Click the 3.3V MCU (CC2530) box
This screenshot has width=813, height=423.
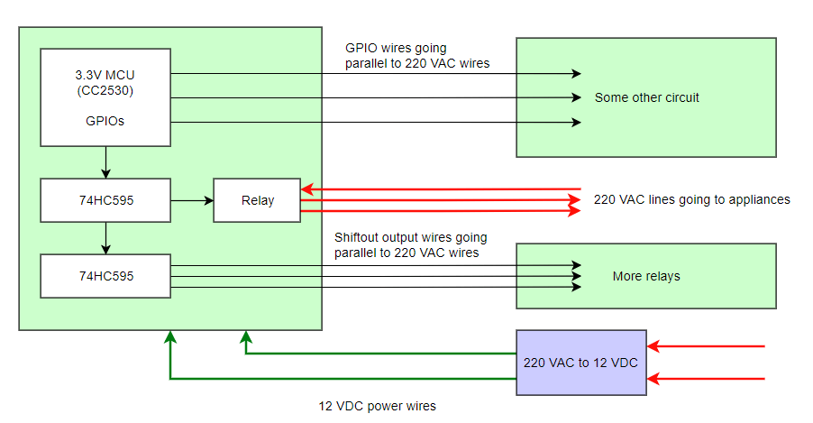(105, 97)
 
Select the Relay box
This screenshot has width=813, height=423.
(257, 200)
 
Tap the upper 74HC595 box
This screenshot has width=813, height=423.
(105, 200)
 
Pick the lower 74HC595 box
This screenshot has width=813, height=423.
(105, 276)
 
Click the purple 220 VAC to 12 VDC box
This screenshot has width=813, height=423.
(580, 362)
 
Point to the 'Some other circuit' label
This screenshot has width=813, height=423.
(646, 97)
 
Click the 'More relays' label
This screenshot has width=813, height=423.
(645, 276)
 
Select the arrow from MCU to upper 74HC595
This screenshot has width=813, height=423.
(106, 162)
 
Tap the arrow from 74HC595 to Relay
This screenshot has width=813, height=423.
(192, 200)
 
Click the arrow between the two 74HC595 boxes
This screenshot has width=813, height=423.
(106, 238)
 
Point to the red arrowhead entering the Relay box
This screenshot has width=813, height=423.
(306, 189)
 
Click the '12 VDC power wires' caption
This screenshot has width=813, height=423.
(377, 407)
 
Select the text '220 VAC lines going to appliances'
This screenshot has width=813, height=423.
(691, 199)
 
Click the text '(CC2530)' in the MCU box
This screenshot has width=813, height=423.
(105, 89)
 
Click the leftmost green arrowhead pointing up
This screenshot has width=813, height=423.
(169, 336)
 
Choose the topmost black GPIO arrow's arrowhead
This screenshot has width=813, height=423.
(575, 74)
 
